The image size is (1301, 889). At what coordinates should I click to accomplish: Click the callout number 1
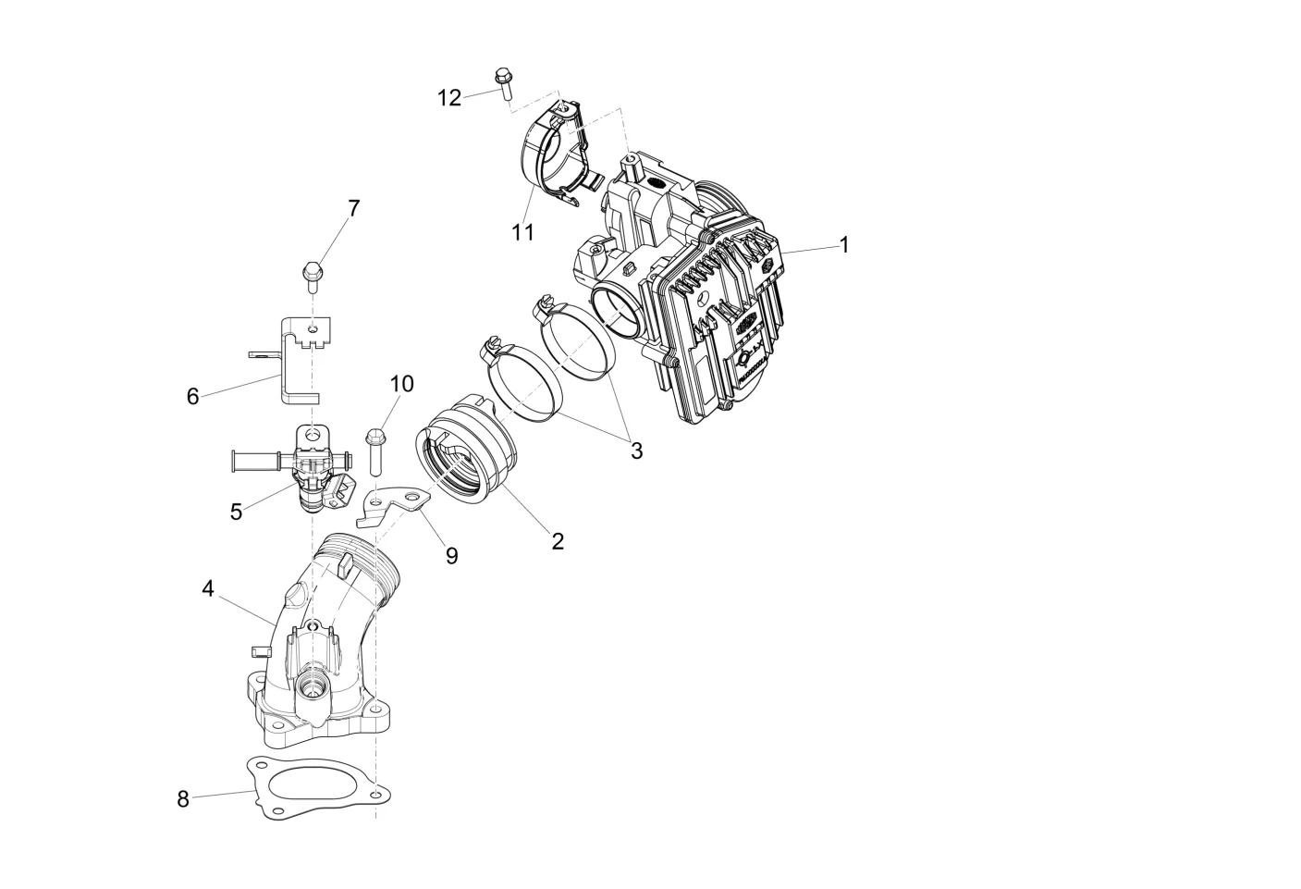[844, 244]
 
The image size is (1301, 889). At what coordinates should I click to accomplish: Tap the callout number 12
[449, 98]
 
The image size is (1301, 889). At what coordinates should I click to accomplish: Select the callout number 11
[522, 232]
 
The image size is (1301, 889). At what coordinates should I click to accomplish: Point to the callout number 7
[354, 208]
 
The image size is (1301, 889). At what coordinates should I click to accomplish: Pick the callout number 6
[193, 396]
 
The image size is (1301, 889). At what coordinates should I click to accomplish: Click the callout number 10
[402, 384]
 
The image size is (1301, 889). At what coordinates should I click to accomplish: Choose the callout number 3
[636, 451]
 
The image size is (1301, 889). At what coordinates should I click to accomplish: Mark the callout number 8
[183, 799]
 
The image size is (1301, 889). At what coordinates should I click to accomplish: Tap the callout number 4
[208, 588]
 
